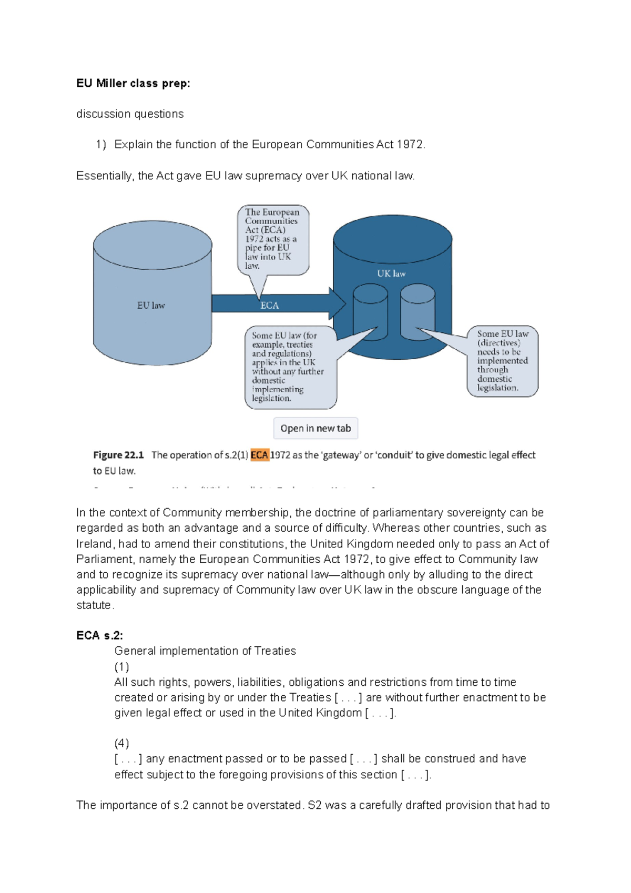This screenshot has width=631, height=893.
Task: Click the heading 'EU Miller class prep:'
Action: (133, 83)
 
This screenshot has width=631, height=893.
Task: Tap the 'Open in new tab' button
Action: (315, 428)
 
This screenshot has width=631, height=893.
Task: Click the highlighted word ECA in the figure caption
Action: (259, 455)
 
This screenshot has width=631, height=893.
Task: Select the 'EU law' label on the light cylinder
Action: (151, 305)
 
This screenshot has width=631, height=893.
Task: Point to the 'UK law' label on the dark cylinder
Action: (391, 273)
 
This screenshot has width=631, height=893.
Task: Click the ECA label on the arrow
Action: (269, 305)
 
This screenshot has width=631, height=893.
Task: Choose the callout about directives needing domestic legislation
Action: (502, 361)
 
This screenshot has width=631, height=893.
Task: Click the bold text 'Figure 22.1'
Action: (118, 455)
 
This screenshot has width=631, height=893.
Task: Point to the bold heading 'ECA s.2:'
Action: (99, 635)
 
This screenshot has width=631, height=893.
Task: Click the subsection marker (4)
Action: (121, 743)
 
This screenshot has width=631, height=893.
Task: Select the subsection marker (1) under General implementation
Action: (121, 667)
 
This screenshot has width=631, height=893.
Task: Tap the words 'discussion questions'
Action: (130, 114)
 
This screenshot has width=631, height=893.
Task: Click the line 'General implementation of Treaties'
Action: (205, 651)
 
